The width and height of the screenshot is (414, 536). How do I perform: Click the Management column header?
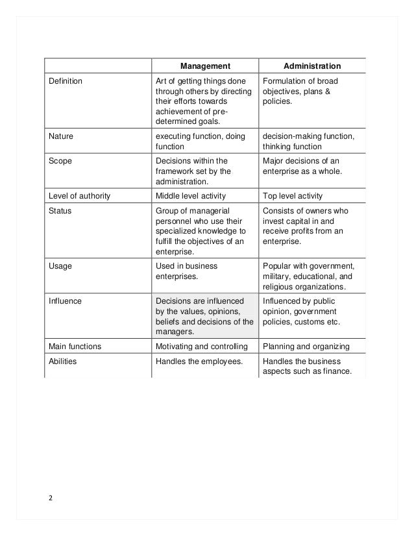pyautogui.click(x=205, y=66)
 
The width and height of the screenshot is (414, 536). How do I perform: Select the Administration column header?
pyautogui.click(x=312, y=66)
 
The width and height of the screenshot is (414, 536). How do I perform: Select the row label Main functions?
pyautogui.click(x=76, y=346)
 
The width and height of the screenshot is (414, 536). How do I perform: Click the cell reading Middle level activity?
pyautogui.click(x=193, y=195)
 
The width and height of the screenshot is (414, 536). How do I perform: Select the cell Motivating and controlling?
pyautogui.click(x=202, y=346)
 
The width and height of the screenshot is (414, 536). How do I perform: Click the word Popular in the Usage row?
pyautogui.click(x=277, y=265)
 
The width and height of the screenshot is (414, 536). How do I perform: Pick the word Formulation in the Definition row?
pyautogui.click(x=284, y=81)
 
